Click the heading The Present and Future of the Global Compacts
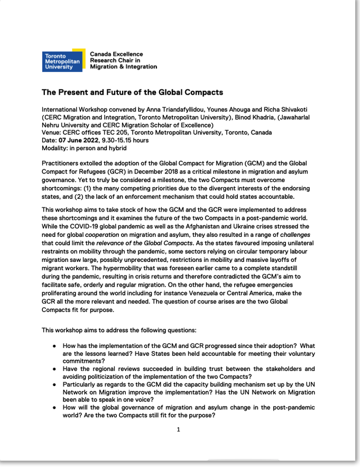click(132, 92)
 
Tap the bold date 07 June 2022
click(79, 140)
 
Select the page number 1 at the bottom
click(179, 429)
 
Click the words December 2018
click(144, 173)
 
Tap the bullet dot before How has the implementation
click(55, 346)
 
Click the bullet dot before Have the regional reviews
click(55, 369)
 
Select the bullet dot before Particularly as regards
click(55, 385)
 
